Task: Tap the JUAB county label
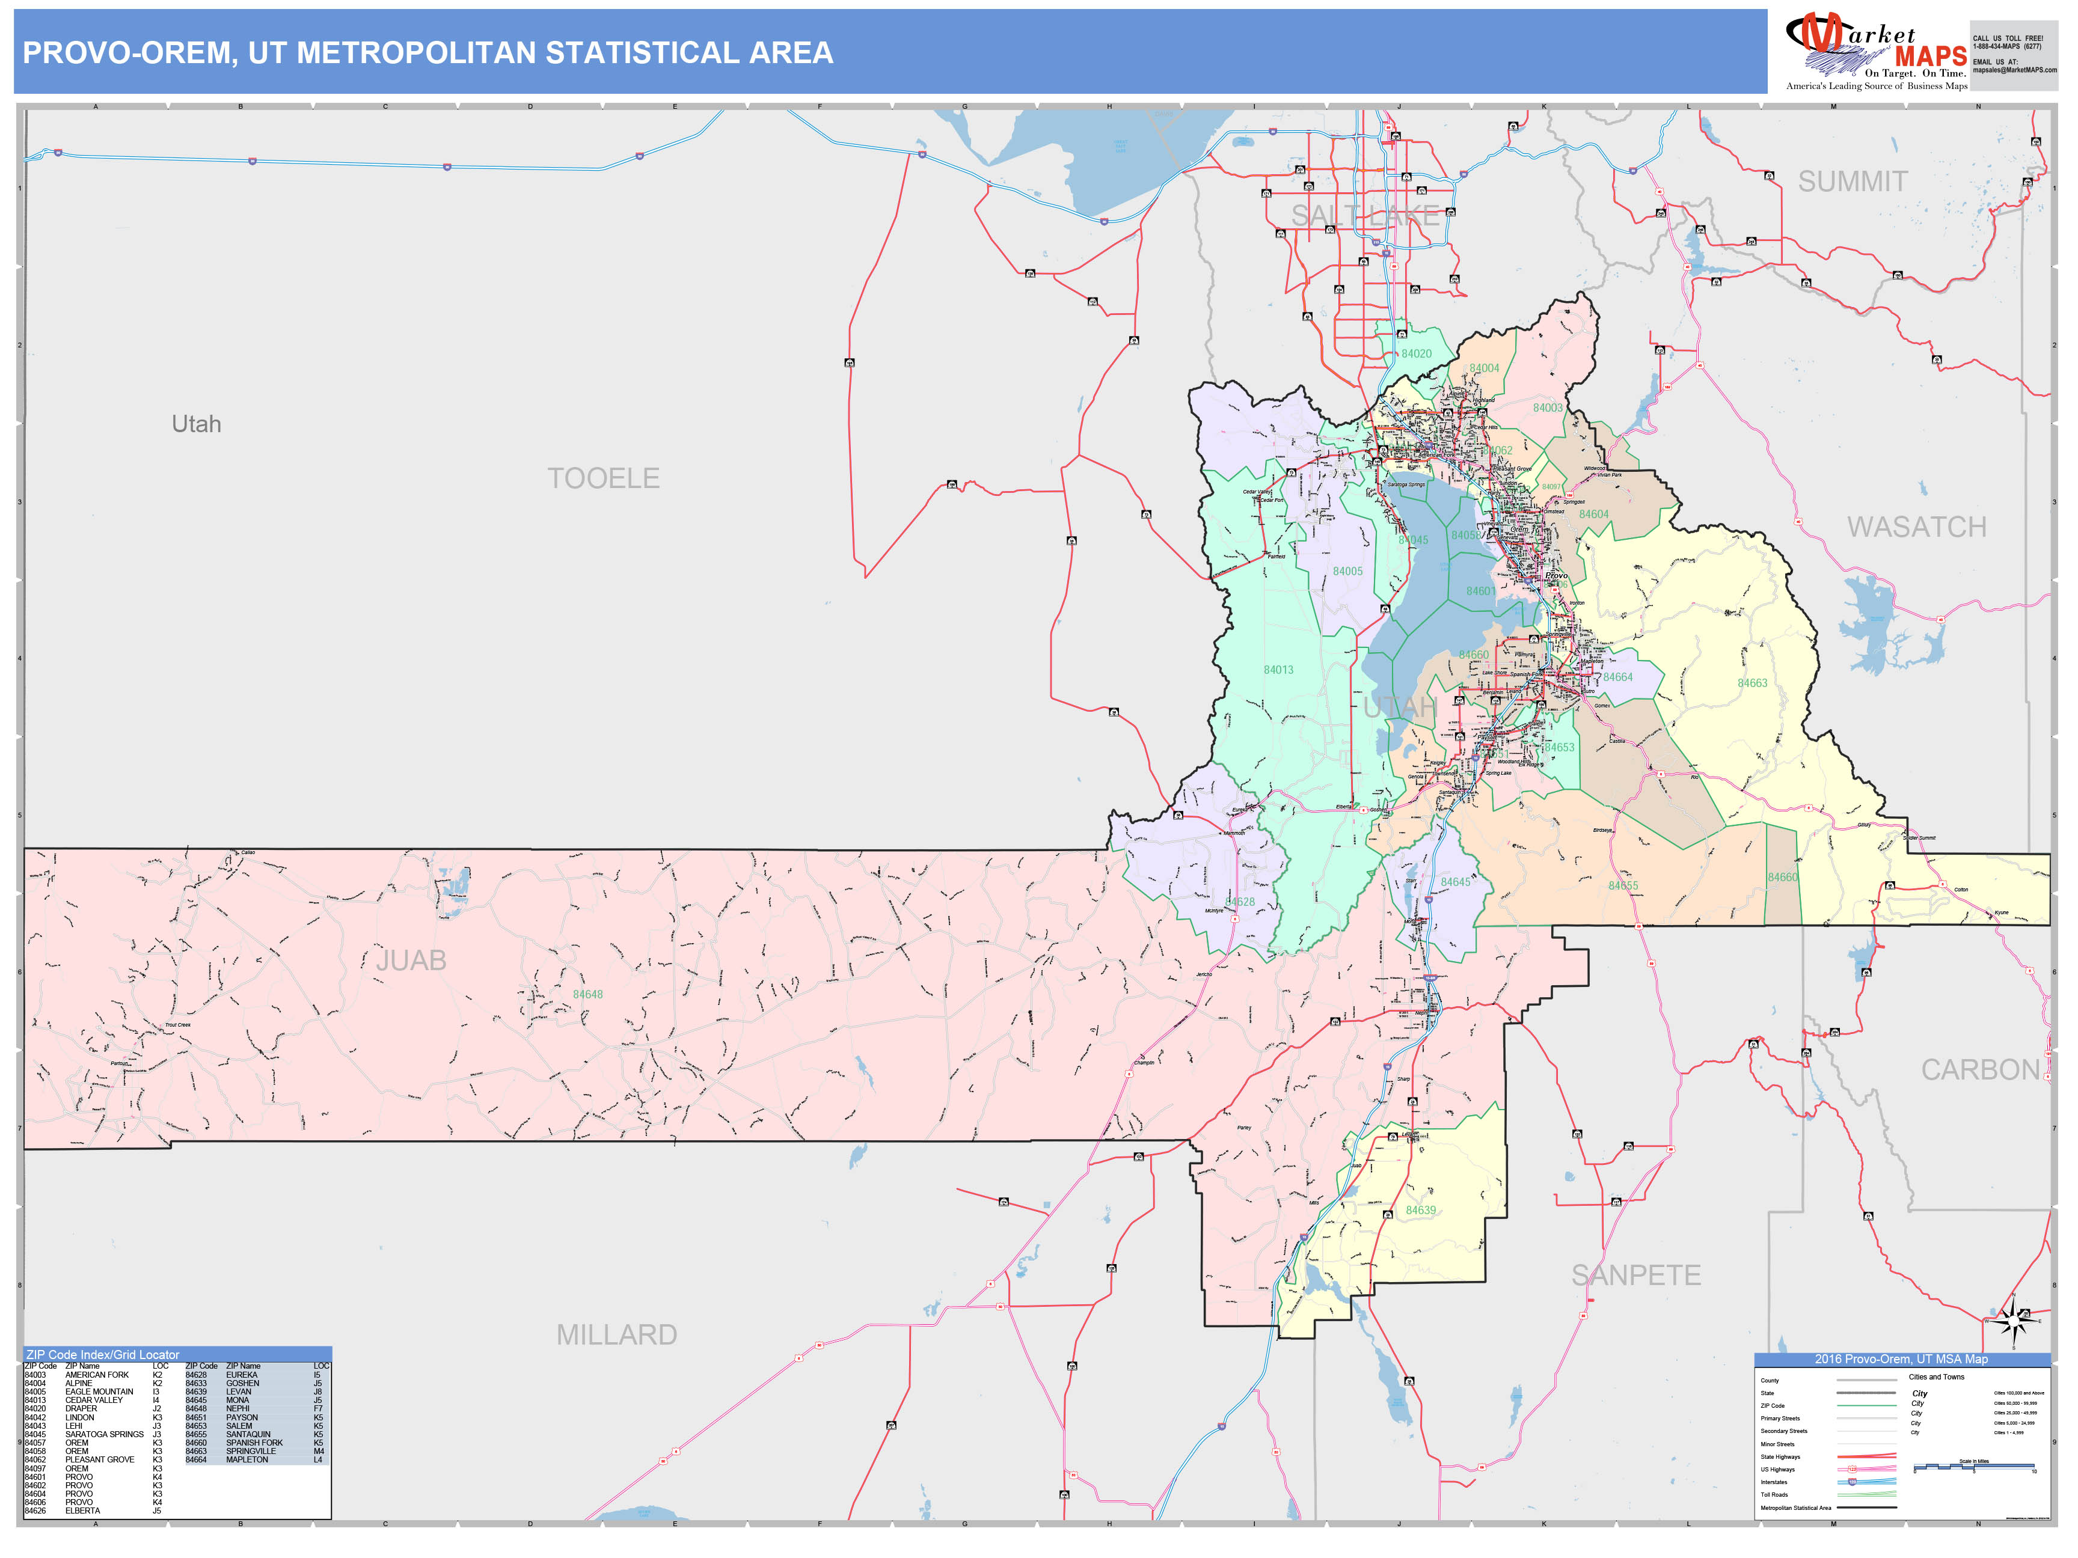pos(411,961)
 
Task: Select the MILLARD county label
pos(616,1334)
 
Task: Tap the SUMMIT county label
pos(1853,182)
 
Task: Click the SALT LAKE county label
pos(1364,216)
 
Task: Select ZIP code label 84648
pos(588,995)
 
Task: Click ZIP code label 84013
pos(1278,670)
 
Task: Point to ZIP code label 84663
pos(1752,683)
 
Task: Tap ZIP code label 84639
pos(1420,1211)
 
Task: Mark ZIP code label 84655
pos(1622,885)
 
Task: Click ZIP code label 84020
pos(1417,354)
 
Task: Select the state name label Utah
pos(197,424)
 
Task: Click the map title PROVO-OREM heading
pos(428,52)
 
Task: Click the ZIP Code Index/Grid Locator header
pos(103,1354)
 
